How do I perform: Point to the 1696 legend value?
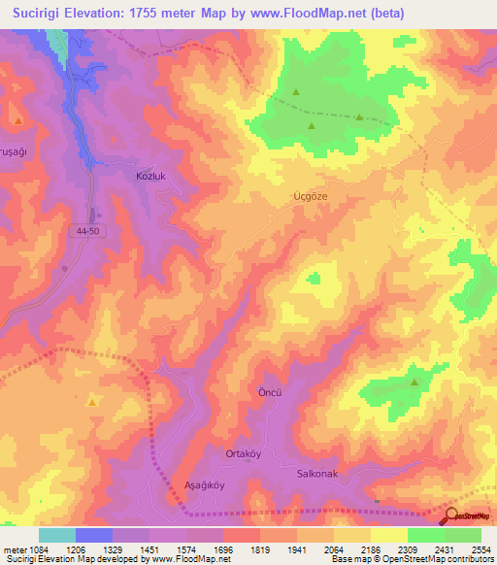222,548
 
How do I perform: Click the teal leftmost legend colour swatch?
56,535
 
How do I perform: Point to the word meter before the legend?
15,548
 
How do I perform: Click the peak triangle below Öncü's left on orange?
92,401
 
